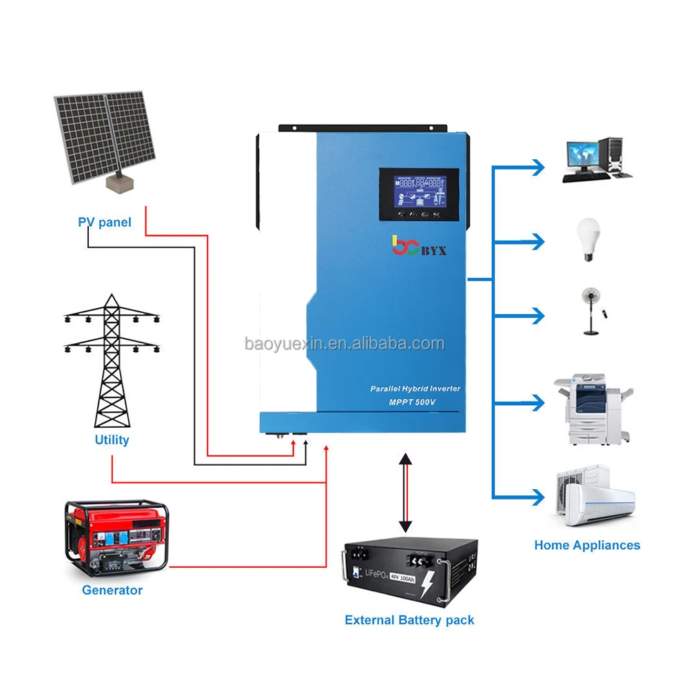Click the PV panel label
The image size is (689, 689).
tap(104, 223)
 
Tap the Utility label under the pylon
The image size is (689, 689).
tap(112, 440)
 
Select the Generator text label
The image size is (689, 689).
tap(112, 590)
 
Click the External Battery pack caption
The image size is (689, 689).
tap(409, 620)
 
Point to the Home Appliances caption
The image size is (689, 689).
tap(587, 545)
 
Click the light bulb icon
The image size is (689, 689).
tap(588, 238)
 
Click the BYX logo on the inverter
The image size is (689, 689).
tap(418, 246)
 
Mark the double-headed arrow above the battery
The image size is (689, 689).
tap(406, 493)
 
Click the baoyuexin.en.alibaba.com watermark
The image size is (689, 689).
tap(344, 343)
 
